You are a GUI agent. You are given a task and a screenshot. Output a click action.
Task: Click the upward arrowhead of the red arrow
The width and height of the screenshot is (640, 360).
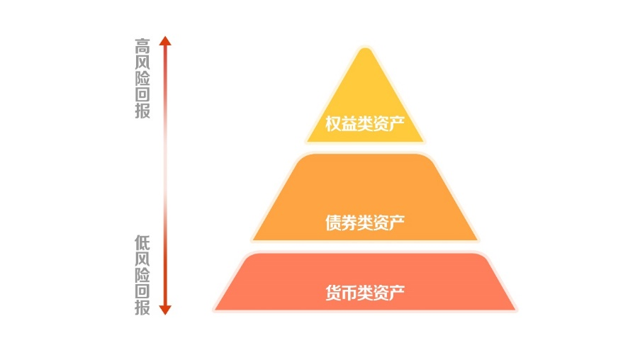(165, 40)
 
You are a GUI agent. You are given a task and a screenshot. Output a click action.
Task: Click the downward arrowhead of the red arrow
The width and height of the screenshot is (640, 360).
(165, 310)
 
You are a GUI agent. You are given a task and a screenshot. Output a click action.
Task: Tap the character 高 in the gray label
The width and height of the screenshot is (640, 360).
(142, 46)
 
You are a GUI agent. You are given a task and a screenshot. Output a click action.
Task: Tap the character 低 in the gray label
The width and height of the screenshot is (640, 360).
(142, 243)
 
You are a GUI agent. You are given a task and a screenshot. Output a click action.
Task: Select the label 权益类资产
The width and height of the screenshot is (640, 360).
(365, 124)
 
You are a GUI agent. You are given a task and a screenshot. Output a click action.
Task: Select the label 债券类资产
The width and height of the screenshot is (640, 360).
(365, 223)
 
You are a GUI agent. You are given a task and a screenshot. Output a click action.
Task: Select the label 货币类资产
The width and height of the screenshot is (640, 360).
(365, 293)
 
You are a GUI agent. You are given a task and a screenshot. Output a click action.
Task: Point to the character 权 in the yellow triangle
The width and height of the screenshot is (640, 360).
(333, 124)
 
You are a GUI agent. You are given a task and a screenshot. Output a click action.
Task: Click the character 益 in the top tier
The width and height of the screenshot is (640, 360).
(349, 124)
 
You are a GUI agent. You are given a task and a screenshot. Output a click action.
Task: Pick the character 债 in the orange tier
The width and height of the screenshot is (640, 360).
(333, 223)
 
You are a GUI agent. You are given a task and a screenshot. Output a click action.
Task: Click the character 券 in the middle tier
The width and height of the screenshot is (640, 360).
(349, 223)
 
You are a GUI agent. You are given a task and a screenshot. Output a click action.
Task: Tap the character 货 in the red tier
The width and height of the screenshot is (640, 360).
(333, 293)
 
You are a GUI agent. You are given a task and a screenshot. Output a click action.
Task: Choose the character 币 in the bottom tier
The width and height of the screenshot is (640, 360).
(349, 293)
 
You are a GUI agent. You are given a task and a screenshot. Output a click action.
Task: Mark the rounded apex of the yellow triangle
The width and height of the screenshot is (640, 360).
(365, 49)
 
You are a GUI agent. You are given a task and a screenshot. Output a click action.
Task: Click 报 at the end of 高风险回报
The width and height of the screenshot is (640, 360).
(142, 111)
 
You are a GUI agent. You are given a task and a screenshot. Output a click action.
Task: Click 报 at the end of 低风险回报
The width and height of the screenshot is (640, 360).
(142, 308)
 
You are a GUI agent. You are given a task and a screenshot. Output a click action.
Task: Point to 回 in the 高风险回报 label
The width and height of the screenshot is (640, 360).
(142, 95)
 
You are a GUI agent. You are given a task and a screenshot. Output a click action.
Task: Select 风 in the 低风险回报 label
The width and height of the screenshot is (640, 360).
(142, 259)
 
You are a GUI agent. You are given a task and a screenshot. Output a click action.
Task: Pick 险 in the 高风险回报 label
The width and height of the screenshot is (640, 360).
(142, 79)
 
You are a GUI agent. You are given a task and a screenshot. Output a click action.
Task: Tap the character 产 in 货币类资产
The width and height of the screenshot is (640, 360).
(397, 293)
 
